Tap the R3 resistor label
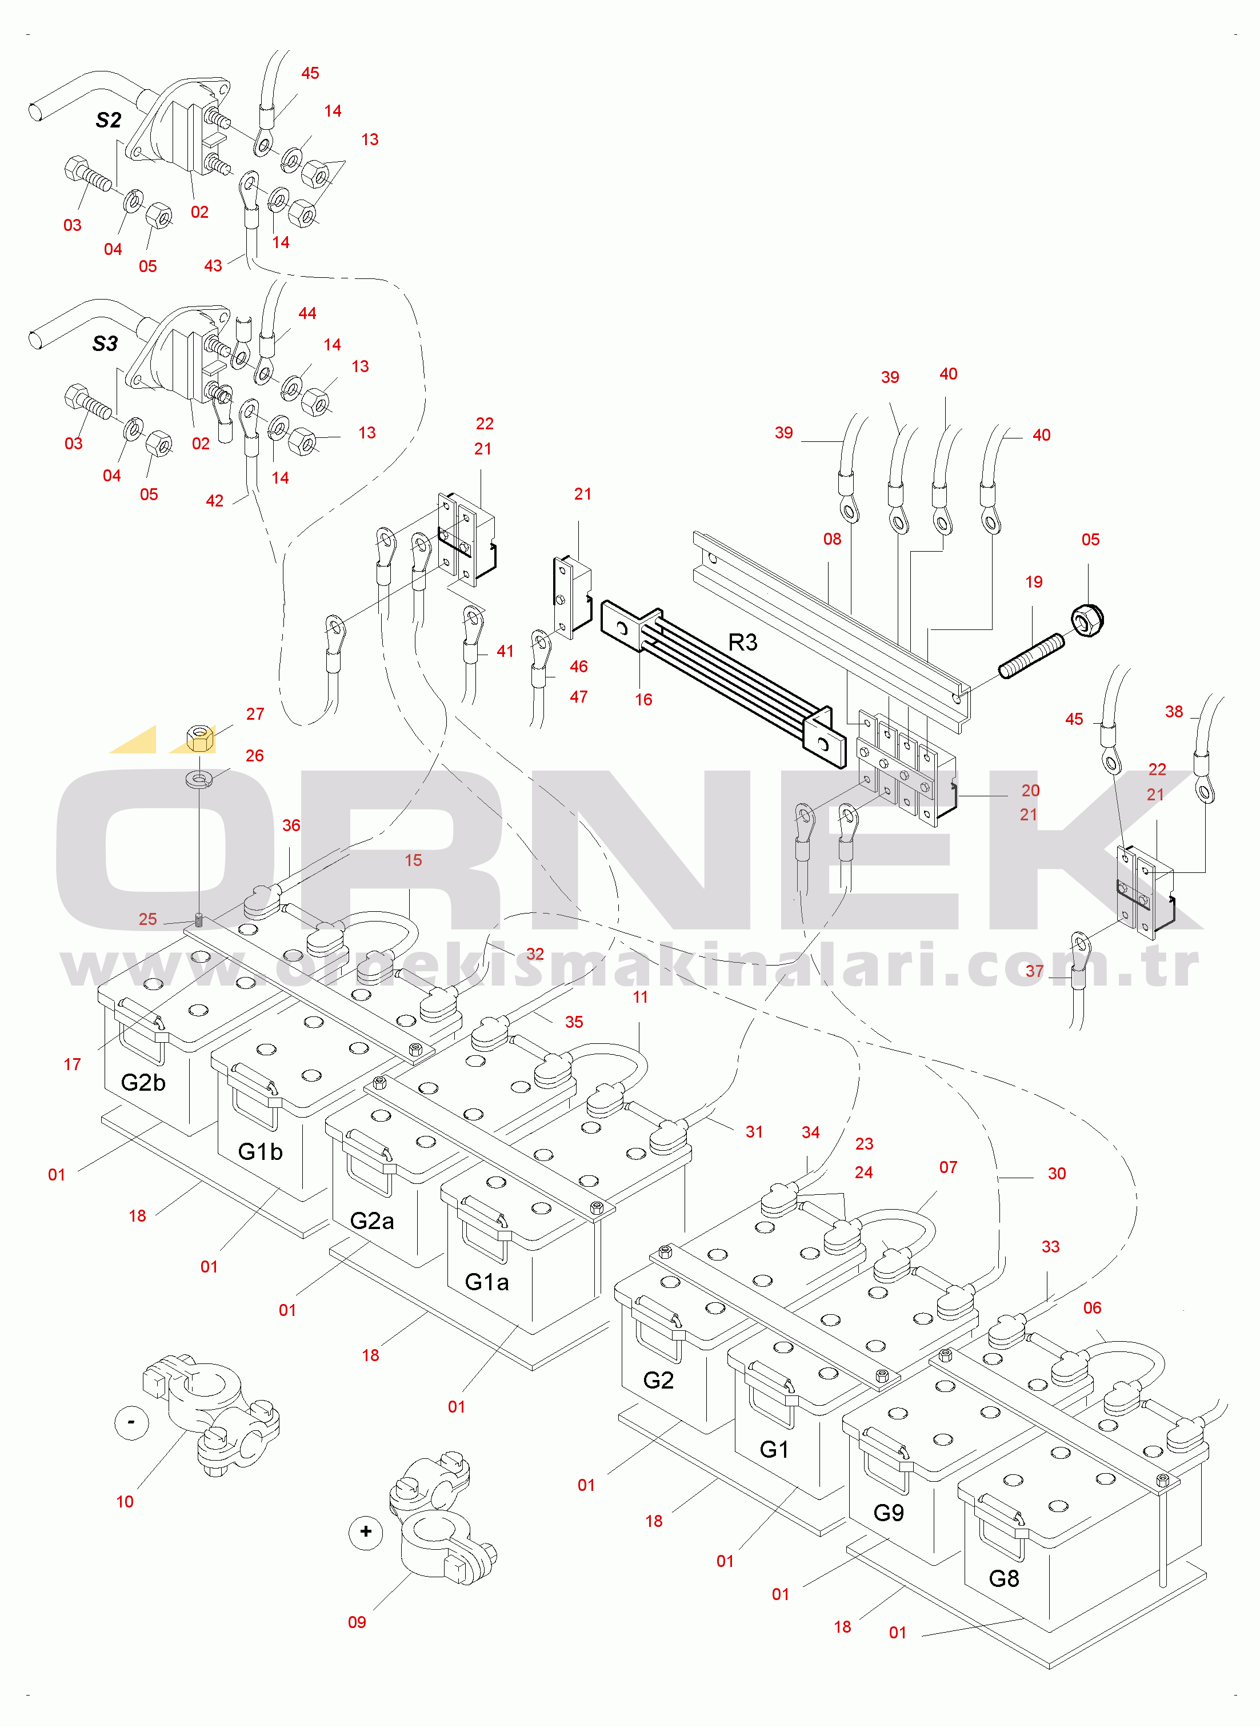(742, 643)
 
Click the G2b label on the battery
(143, 1082)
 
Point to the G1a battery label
(487, 1282)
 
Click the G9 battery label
(888, 1513)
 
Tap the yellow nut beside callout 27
(200, 737)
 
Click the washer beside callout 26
(199, 779)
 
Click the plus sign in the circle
(365, 1531)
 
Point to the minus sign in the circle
(131, 1422)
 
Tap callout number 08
(831, 539)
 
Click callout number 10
(125, 1502)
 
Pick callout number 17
(73, 1064)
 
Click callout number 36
(291, 825)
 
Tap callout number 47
(578, 696)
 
